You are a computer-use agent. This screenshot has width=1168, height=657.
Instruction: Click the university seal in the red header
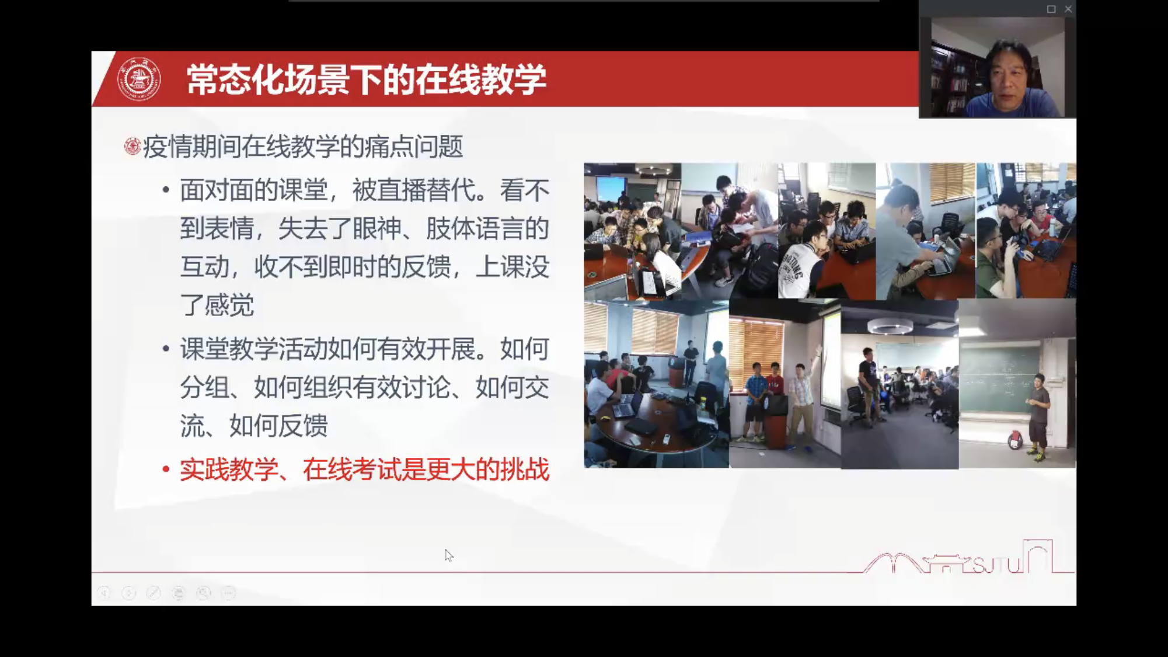[x=139, y=79]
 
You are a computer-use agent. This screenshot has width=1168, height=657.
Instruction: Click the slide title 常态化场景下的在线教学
[x=367, y=79]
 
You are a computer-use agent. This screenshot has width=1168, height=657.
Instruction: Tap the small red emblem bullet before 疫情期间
[x=133, y=146]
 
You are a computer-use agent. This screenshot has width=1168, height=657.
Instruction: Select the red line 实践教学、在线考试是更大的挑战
[x=365, y=470]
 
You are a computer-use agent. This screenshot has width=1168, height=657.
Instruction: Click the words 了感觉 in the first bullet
[x=217, y=305]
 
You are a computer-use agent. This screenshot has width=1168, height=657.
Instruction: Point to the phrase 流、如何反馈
[x=254, y=425]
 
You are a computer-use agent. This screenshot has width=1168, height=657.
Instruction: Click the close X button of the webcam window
[x=1068, y=9]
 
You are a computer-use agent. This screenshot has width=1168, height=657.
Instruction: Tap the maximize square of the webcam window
[x=1051, y=9]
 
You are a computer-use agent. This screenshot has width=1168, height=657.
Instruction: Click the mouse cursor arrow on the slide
[x=448, y=555]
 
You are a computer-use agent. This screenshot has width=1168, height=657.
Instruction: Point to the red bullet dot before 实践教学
[x=166, y=469]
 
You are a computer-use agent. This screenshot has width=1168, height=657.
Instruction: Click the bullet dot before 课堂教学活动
[x=166, y=349]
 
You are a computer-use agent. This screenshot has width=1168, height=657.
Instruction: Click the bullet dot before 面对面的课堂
[x=166, y=190]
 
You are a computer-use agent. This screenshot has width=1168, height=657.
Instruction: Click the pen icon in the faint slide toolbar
[x=154, y=593]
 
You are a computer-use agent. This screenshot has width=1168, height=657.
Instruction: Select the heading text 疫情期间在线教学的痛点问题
[x=303, y=146]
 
